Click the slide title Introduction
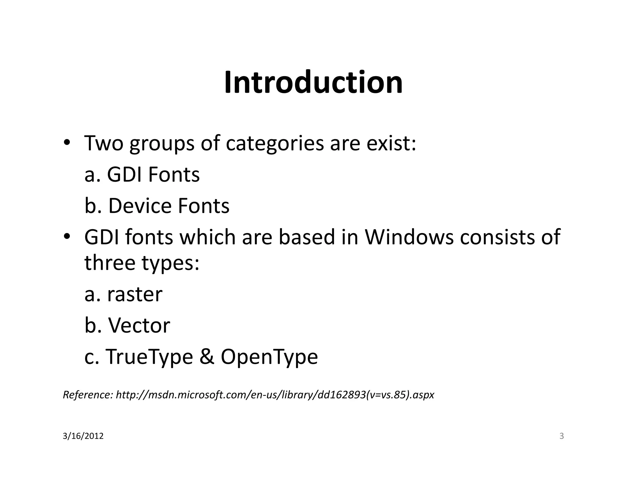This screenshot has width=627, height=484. pos(313,83)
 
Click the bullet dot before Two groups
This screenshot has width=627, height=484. pos(66,143)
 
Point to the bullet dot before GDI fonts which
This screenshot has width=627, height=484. pos(66,237)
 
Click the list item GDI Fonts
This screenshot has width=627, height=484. pos(153,175)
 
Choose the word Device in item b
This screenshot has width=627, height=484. pos(140,206)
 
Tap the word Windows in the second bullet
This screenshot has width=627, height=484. pos(409,237)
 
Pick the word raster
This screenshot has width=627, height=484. pos(135,294)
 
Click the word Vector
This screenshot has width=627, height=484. pos(139,325)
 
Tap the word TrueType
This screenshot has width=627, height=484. pos(149,357)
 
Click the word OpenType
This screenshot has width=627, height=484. pos(269,357)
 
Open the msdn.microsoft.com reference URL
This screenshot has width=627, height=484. pos(275,395)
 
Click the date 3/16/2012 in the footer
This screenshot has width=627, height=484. pos(83,436)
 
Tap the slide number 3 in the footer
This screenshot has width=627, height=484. pos(561,436)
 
